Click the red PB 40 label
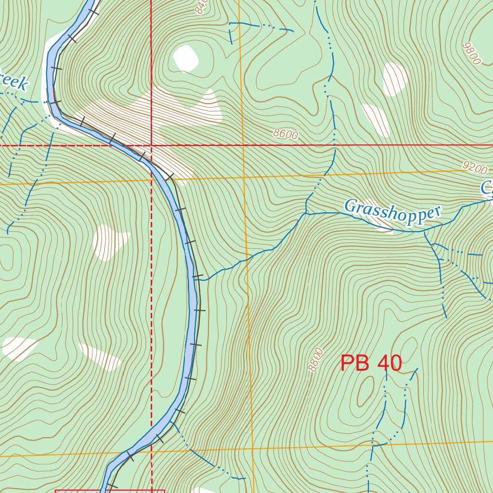tap(371, 363)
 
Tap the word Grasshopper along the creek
tap(393, 212)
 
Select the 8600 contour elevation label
tap(285, 134)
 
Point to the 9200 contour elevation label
tap(475, 167)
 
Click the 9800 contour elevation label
tap(471, 53)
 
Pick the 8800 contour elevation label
tap(316, 360)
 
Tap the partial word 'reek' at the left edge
tap(13, 81)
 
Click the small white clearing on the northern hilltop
tap(186, 58)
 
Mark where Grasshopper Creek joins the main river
tap(198, 279)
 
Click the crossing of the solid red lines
tap(151, 144)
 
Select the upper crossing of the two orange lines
tap(244, 178)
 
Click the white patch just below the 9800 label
tap(395, 78)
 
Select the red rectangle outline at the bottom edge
tap(110, 491)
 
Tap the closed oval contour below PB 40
tap(365, 391)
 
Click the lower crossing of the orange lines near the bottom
tap(252, 449)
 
